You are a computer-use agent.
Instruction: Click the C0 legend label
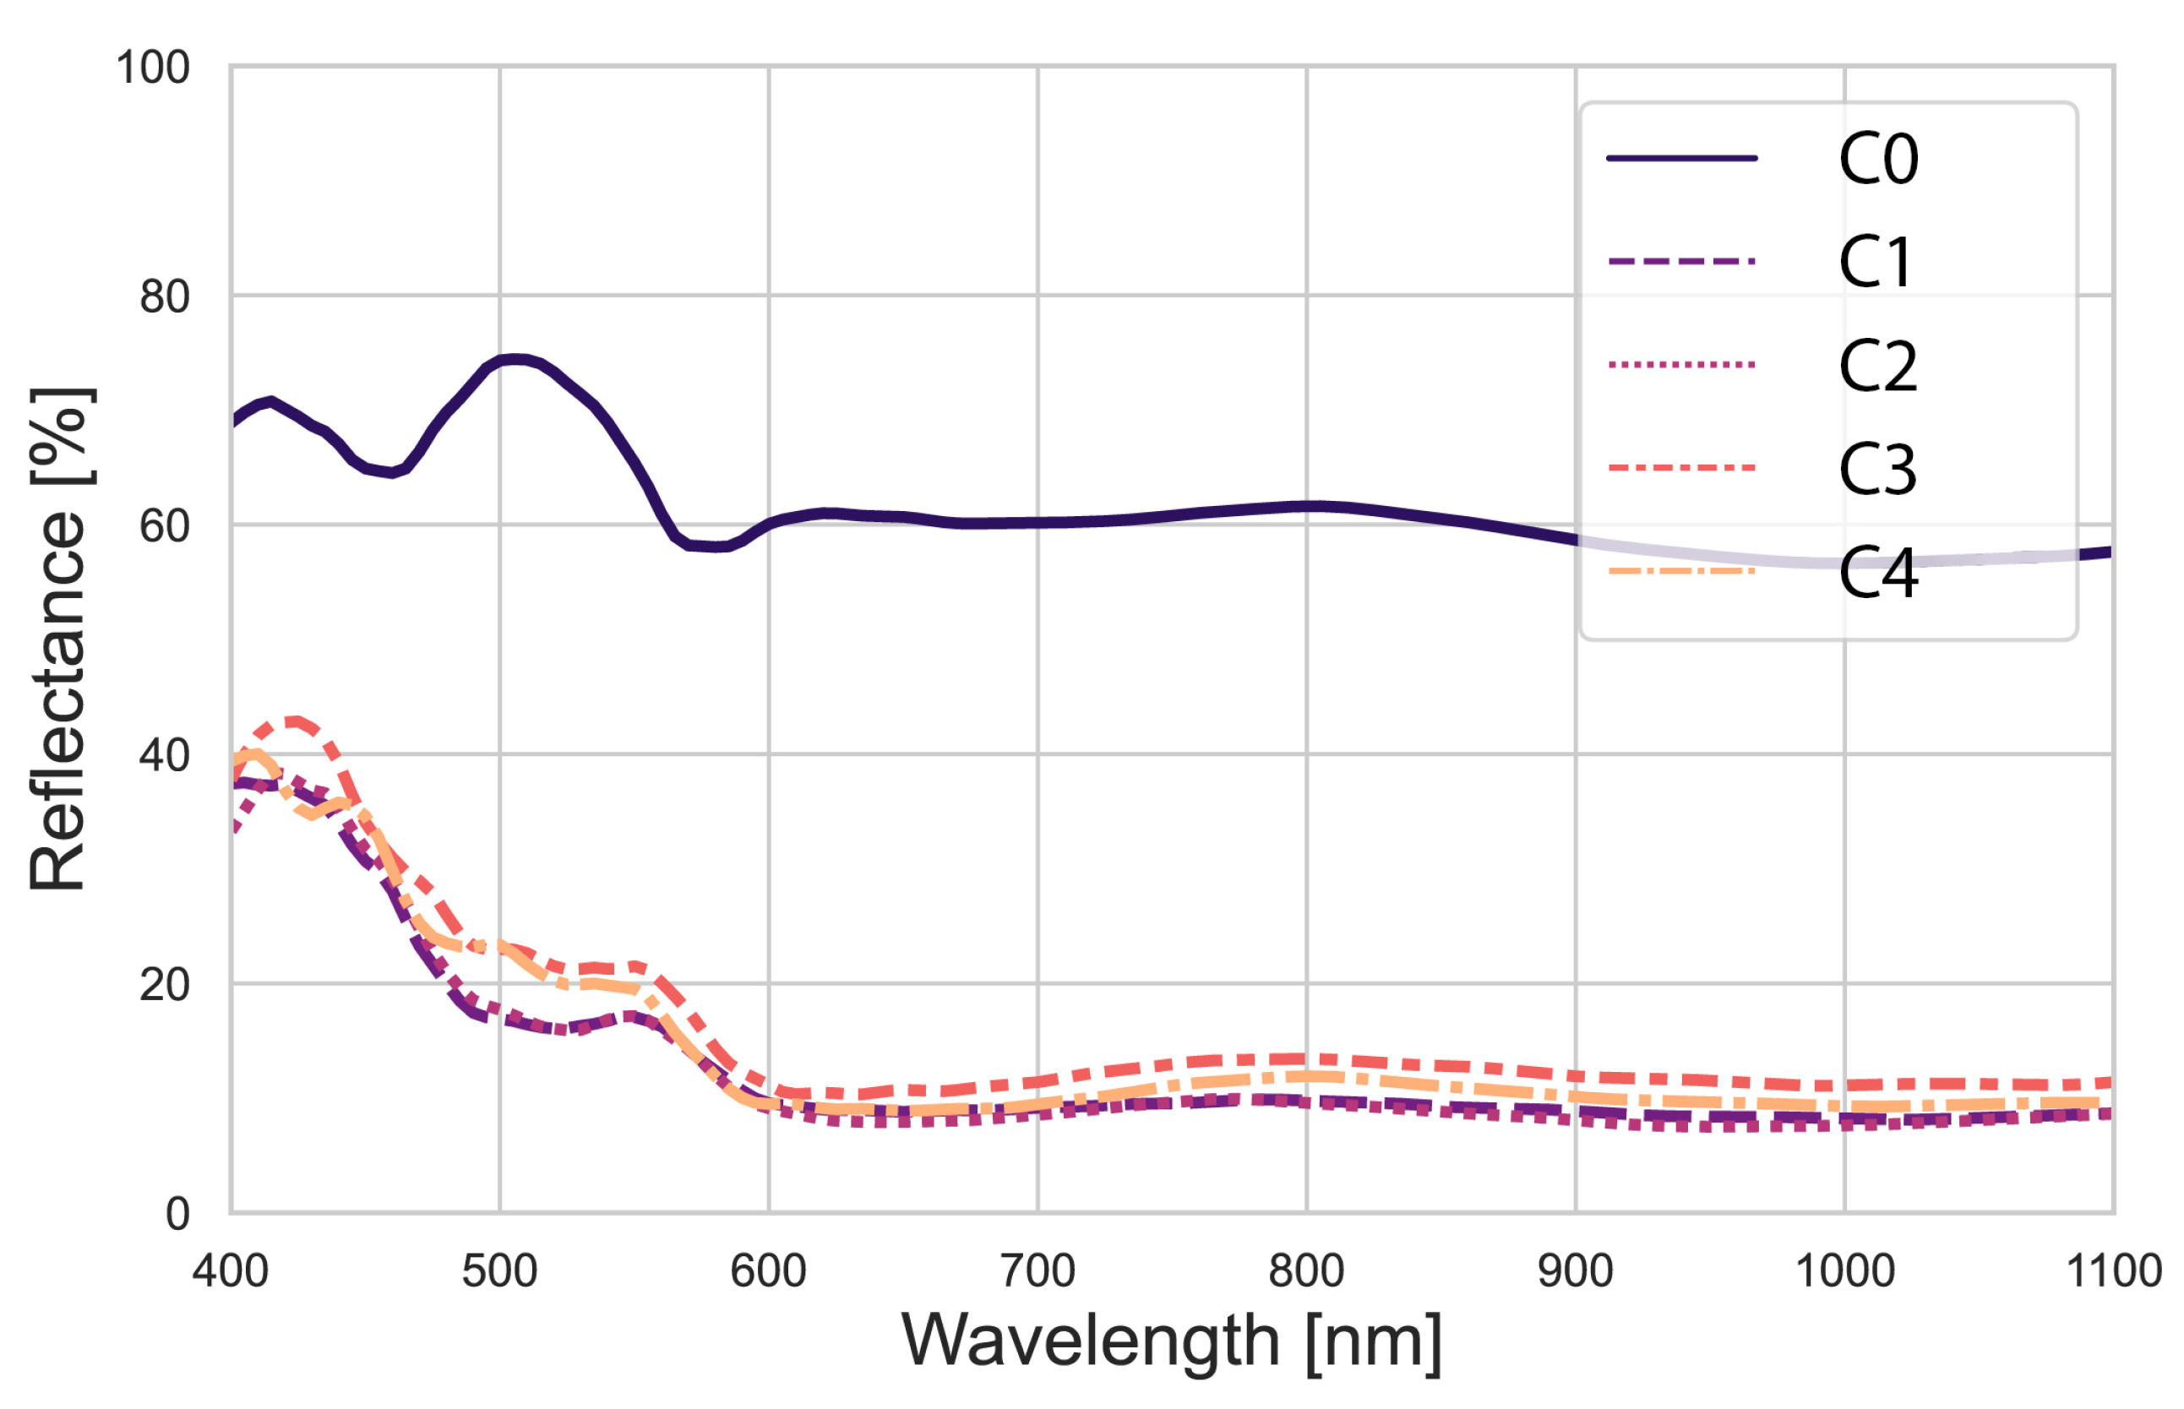(x=1877, y=159)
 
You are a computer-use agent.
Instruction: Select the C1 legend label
(x=1876, y=263)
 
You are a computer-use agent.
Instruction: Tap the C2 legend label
(x=1877, y=366)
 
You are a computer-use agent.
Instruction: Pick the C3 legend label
(x=1877, y=470)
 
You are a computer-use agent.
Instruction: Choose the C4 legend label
(x=1877, y=573)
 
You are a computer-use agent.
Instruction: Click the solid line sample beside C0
(x=1681, y=158)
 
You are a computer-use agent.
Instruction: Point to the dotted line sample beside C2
(x=1681, y=365)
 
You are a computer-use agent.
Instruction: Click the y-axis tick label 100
(x=153, y=68)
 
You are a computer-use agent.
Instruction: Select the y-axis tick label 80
(x=165, y=296)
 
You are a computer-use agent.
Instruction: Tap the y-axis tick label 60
(x=165, y=526)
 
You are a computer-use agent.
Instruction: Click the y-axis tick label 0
(x=177, y=1214)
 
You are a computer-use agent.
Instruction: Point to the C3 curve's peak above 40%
(x=293, y=722)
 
